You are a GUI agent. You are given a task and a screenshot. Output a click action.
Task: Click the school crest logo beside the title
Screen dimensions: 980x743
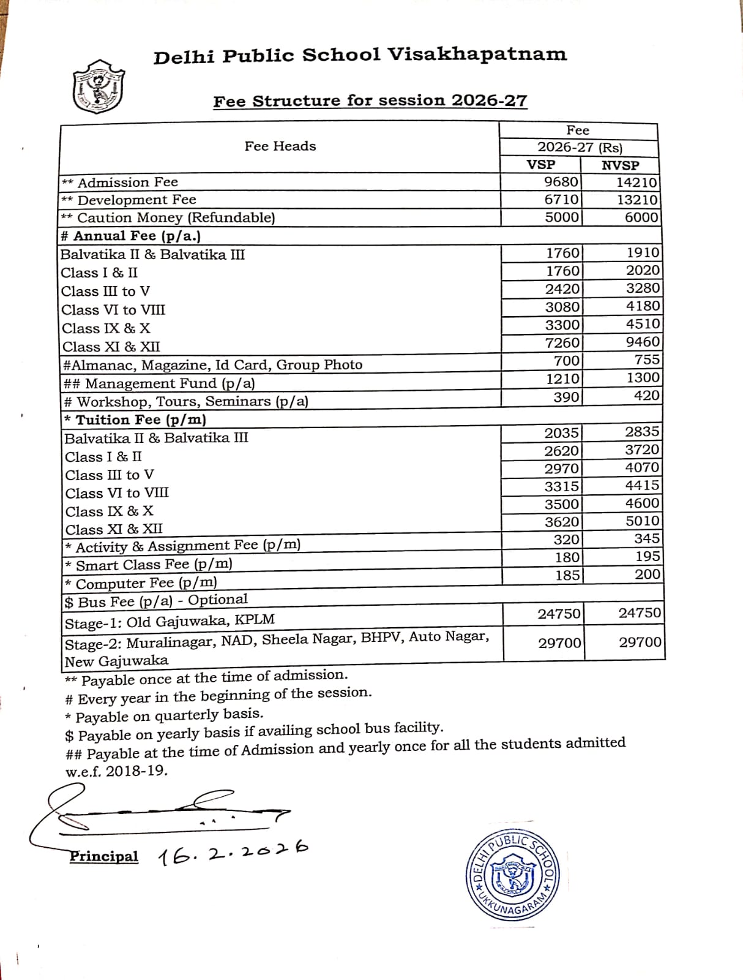tap(98, 87)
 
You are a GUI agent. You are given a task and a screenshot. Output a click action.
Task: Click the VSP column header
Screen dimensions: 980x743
tap(541, 165)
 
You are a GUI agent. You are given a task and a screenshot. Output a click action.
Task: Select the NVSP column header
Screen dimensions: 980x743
tap(620, 165)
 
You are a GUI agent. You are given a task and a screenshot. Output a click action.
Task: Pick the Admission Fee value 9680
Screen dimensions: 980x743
tap(561, 182)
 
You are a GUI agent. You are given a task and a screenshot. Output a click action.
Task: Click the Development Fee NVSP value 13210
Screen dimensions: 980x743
tap(637, 200)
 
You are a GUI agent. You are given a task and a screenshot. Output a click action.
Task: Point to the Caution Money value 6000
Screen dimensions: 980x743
tap(641, 217)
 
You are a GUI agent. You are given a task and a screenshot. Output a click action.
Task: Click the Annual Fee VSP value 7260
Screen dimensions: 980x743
tap(562, 342)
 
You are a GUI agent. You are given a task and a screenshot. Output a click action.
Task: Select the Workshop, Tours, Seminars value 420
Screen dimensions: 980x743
tap(646, 395)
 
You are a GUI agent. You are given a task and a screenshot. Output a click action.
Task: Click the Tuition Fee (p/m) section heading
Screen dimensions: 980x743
tap(136, 420)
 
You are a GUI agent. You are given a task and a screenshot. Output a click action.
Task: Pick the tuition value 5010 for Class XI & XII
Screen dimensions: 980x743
tap(642, 521)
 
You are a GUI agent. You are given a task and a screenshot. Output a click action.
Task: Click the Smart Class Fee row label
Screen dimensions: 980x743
tap(149, 564)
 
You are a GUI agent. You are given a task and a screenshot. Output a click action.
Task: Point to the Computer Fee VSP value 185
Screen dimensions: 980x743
tap(567, 575)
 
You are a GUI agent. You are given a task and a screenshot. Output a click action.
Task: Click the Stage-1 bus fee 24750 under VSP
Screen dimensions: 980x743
tap(559, 614)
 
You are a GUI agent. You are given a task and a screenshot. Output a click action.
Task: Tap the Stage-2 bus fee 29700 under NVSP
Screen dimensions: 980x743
tap(640, 642)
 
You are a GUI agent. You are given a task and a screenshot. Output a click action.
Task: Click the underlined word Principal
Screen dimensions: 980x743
tap(104, 856)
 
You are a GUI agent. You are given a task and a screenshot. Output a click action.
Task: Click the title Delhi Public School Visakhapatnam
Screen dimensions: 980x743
tap(360, 55)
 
